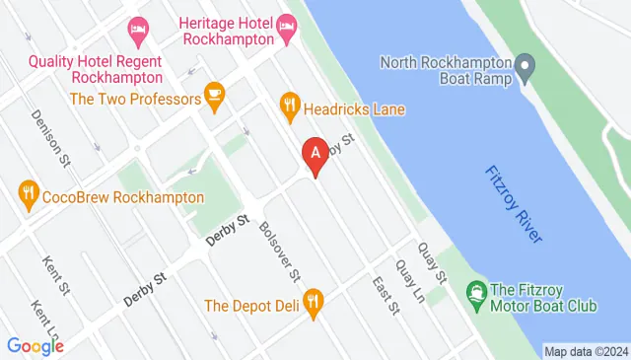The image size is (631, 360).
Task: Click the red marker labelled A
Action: (315, 155)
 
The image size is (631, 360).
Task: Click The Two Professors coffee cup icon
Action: (213, 95)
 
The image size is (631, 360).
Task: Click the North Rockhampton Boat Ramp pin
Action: (526, 68)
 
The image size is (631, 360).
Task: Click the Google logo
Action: (35, 345)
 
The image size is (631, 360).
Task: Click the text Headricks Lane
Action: (354, 109)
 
